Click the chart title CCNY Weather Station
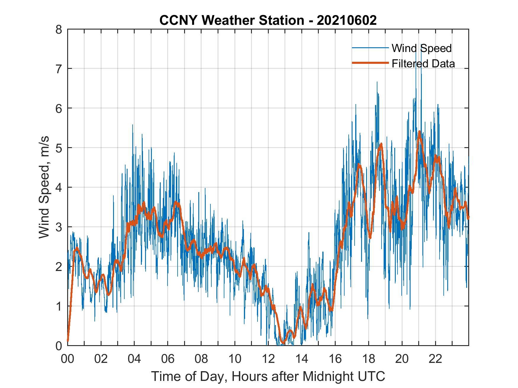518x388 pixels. tap(232, 20)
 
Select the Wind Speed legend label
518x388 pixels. tap(422, 48)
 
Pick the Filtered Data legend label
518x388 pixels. tap(423, 64)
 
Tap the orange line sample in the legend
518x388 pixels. tap(370, 63)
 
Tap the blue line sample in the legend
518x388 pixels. tap(370, 48)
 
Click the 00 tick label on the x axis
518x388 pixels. tap(67, 359)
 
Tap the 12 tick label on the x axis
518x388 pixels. tap(268, 359)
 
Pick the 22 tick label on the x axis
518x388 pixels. tap(435, 359)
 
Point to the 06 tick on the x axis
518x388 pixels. tap(168, 359)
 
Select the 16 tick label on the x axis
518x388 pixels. tap(335, 359)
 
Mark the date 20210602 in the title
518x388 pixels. tap(347, 20)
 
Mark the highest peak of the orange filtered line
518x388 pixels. tap(419, 132)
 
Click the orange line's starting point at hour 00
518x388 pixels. tap(68, 341)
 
